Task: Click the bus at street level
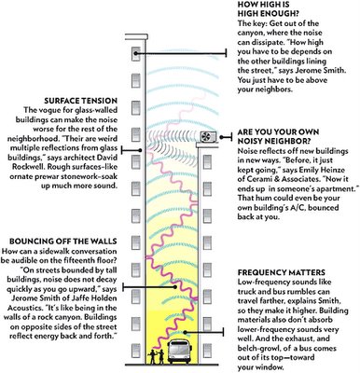[179, 352]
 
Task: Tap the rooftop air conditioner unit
[209, 137]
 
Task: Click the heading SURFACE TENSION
[80, 101]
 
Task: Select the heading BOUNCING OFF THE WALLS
[63, 242]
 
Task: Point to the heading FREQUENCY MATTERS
[282, 272]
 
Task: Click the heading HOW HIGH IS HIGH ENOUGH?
[268, 9]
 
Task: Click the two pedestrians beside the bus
[157, 356]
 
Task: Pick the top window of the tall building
[136, 54]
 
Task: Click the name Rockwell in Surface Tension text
[27, 166]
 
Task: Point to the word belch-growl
[260, 348]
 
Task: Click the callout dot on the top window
[136, 53]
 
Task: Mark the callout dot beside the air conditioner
[221, 137]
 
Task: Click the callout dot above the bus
[185, 332]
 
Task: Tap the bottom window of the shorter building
[207, 351]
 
